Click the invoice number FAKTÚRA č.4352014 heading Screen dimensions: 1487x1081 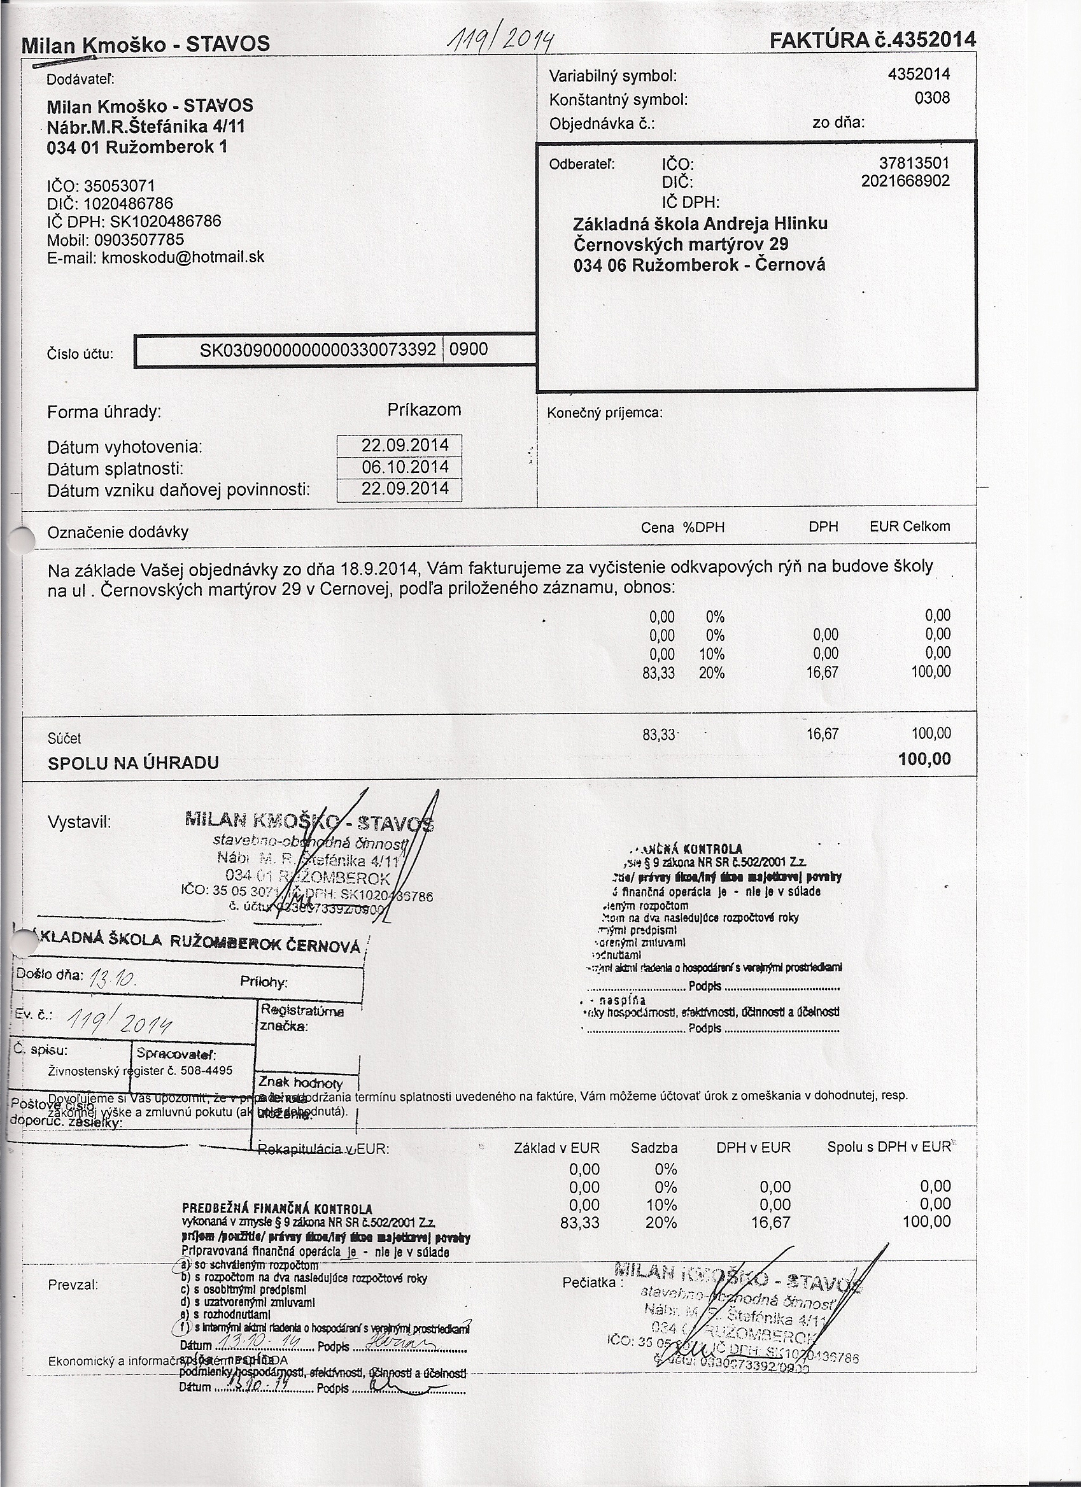(x=872, y=40)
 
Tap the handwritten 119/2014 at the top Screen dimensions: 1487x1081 (x=507, y=43)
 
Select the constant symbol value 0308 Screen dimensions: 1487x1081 (x=931, y=98)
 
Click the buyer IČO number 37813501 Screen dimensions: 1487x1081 (x=914, y=162)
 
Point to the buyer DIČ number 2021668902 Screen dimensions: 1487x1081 (x=905, y=180)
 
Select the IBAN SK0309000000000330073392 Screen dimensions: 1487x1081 (x=317, y=349)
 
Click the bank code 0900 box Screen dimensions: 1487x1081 (x=469, y=349)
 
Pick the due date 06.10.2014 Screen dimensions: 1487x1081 (x=404, y=467)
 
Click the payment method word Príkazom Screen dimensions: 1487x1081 (x=424, y=411)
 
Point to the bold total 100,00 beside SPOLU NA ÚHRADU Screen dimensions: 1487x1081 (x=924, y=759)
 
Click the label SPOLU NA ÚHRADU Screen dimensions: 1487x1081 (x=133, y=763)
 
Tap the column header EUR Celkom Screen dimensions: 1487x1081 (x=909, y=526)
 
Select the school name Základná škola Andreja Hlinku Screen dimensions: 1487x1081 (x=700, y=224)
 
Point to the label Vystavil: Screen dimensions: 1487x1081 (x=80, y=822)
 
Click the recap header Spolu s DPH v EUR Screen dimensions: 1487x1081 (x=888, y=1147)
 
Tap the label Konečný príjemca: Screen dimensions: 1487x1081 (x=604, y=413)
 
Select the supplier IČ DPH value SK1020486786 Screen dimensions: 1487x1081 (x=161, y=222)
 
